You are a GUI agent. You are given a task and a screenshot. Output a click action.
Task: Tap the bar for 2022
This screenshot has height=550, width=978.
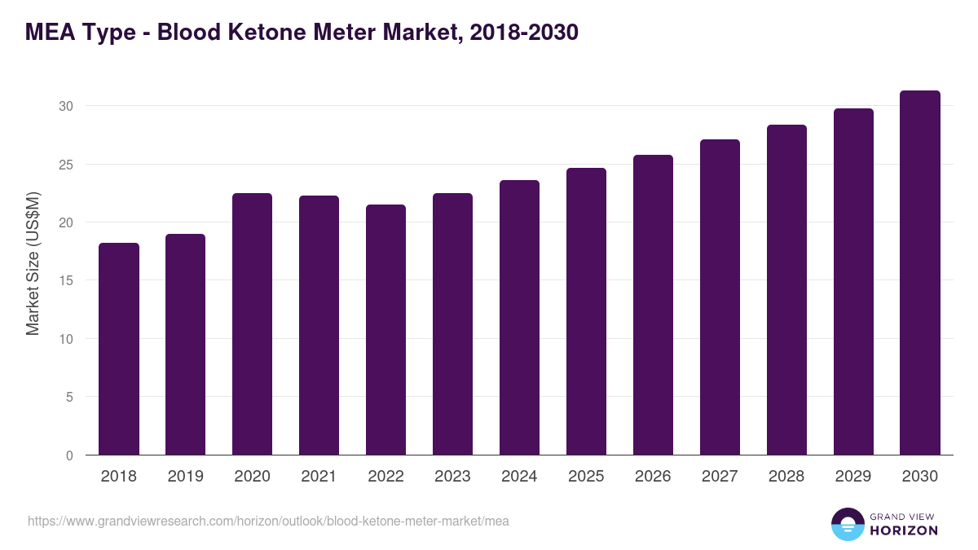click(x=386, y=330)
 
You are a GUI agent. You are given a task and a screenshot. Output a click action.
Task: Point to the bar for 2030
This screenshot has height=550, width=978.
click(x=920, y=273)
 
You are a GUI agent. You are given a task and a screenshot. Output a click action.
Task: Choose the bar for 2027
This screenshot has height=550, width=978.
click(x=720, y=297)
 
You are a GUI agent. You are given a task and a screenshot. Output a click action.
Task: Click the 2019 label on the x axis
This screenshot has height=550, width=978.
click(x=186, y=477)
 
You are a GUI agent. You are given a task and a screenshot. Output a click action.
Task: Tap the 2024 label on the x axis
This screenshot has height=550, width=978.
click(x=519, y=477)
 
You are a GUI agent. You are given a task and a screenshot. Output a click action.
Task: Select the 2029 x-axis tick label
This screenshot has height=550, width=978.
click(x=853, y=477)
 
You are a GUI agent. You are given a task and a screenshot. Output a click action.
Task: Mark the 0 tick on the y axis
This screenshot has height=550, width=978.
click(x=69, y=455)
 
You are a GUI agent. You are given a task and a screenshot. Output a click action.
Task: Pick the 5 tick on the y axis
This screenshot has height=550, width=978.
click(x=69, y=397)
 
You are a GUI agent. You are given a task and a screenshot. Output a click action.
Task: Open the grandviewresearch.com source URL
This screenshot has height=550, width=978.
click(x=268, y=521)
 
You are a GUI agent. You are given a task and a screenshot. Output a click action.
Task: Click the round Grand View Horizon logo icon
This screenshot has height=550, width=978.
click(x=847, y=524)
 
